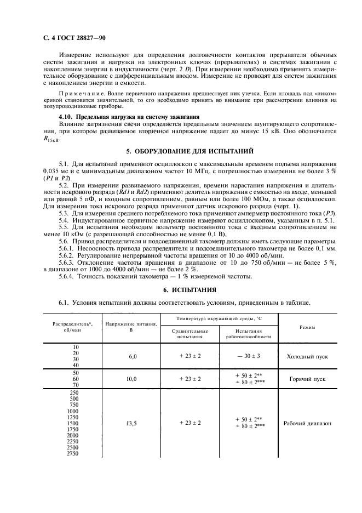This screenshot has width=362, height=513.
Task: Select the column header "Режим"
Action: [x=307, y=327]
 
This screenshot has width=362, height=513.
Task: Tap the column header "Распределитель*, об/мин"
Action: [x=72, y=327]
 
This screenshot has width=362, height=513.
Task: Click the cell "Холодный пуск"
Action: [x=307, y=356]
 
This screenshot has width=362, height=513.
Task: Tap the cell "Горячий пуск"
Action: [x=307, y=379]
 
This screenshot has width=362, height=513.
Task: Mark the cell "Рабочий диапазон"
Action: [x=307, y=423]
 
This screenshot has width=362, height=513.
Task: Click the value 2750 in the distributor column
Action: [x=72, y=454]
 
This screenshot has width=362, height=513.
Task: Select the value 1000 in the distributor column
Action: [x=72, y=411]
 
